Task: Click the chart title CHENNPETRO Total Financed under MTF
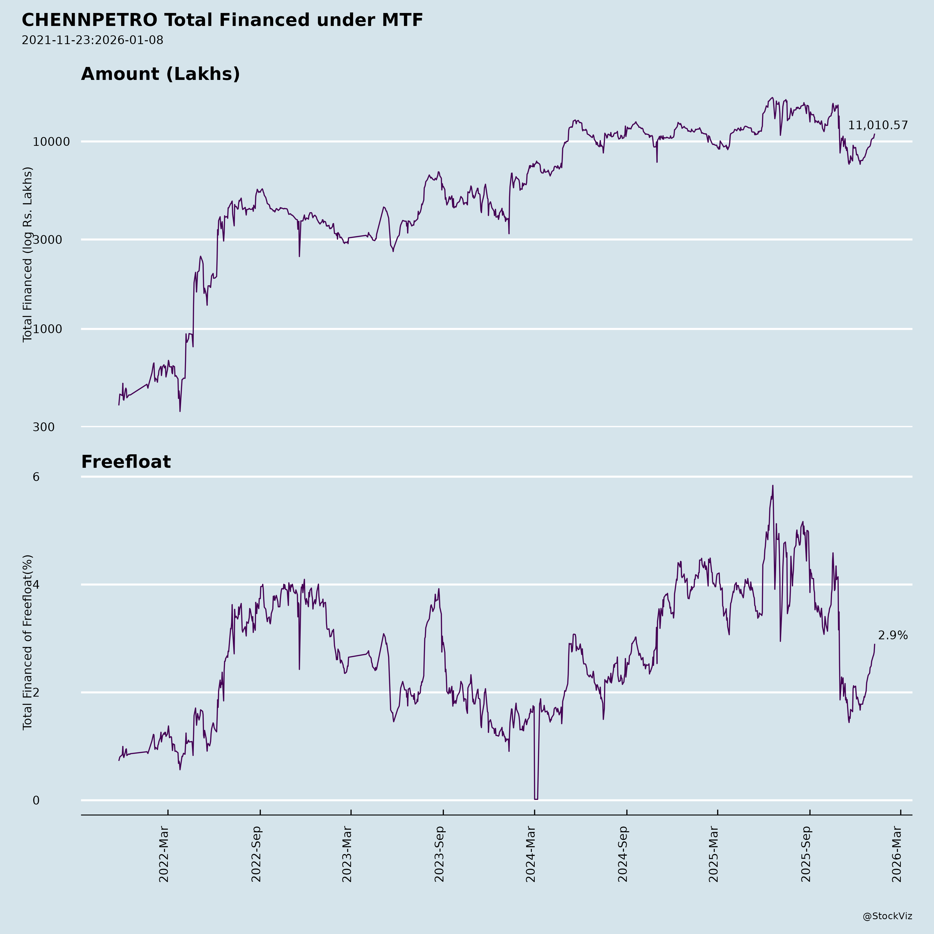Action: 222,20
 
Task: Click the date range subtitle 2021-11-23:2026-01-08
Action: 92,40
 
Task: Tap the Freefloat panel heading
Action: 126,462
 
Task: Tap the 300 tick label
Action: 44,427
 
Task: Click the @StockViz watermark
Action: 888,916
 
